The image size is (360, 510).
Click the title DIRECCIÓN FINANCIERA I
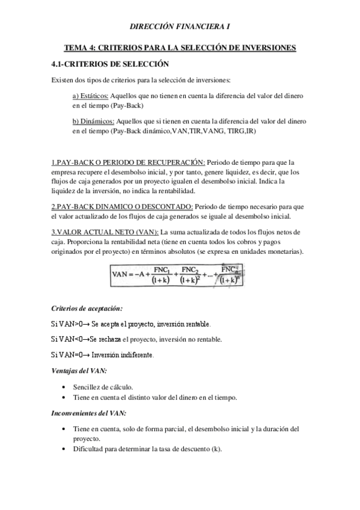(180, 26)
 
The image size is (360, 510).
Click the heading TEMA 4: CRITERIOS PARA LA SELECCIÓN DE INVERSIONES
(180, 48)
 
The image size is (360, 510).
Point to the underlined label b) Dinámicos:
(92, 121)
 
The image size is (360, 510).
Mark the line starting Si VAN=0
(102, 355)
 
